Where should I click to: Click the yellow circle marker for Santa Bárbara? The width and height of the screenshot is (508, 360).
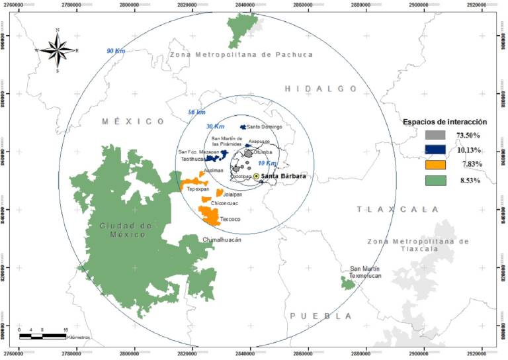pyautogui.click(x=256, y=176)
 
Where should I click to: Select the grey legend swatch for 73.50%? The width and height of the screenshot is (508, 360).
pyautogui.click(x=435, y=135)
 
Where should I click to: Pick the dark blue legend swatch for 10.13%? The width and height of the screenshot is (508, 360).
pyautogui.click(x=435, y=150)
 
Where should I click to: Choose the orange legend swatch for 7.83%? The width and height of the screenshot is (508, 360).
pyautogui.click(x=435, y=164)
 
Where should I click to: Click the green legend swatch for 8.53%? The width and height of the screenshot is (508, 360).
pyautogui.click(x=435, y=179)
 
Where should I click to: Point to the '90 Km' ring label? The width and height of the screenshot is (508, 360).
pyautogui.click(x=115, y=51)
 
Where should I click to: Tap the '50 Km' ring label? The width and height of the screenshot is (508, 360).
pyautogui.click(x=196, y=112)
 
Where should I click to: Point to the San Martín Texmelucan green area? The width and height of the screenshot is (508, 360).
pyautogui.click(x=348, y=283)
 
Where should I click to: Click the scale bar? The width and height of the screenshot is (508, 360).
pyautogui.click(x=44, y=336)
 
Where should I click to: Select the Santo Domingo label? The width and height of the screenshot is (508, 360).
pyautogui.click(x=264, y=126)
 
